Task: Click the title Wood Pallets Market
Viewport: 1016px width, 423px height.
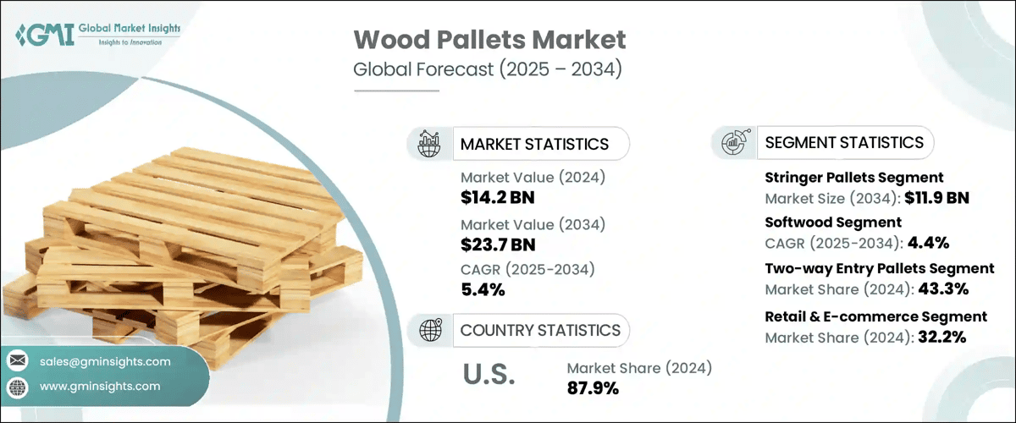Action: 489,40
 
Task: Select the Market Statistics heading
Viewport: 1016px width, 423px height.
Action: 534,144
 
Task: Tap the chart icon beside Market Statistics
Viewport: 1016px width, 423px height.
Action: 429,144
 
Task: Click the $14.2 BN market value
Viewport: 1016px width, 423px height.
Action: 498,198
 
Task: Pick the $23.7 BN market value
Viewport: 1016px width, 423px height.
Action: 498,244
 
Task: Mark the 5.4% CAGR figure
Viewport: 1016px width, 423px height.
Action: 483,290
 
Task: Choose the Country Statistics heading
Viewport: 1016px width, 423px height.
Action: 540,330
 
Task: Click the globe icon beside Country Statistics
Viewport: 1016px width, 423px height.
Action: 429,330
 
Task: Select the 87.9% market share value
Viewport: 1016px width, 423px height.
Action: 593,388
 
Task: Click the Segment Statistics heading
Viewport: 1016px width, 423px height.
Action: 844,142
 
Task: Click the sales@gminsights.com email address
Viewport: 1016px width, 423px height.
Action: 105,361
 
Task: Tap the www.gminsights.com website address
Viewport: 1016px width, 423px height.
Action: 100,387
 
